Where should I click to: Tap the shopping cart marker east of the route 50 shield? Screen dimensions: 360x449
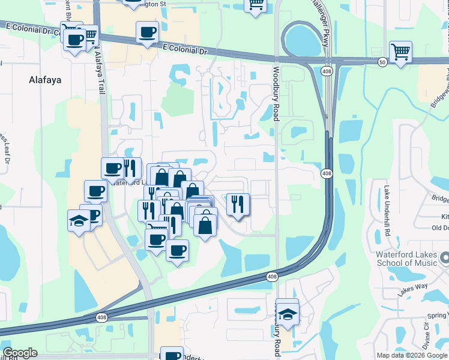pos(400,52)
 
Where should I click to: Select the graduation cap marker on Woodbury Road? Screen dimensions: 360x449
pos(288,314)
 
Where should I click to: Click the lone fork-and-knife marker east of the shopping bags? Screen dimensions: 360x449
pos(238,204)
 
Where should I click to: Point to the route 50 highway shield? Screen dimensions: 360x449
pos(382,62)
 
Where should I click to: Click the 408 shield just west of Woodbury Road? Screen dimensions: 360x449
pos(272,277)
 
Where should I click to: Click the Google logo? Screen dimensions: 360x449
pos(20,353)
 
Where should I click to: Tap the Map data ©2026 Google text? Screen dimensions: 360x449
pos(411,355)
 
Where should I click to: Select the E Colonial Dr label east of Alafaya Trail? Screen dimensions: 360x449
pos(184,50)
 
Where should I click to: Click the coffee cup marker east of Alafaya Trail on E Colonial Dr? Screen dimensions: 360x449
pos(147,32)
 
